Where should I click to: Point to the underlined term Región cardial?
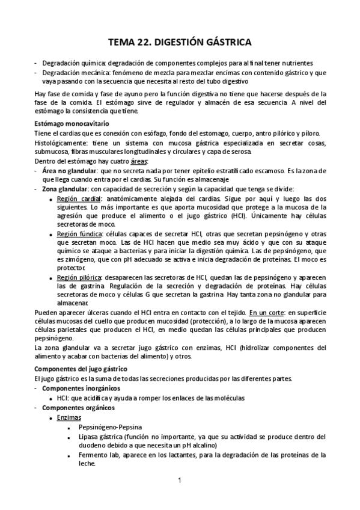(79, 198)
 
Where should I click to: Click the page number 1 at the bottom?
(180, 480)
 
